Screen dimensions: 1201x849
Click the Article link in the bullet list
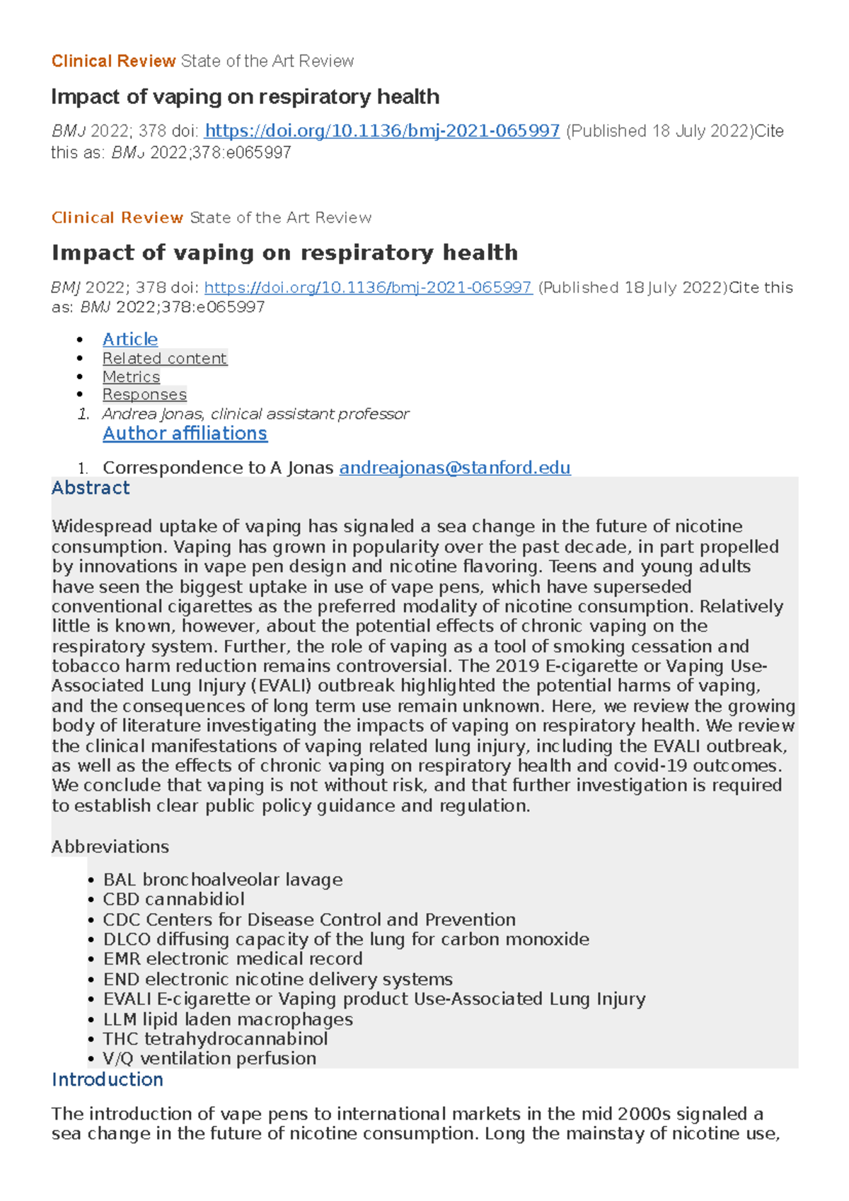click(130, 340)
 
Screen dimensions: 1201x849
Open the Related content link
click(164, 359)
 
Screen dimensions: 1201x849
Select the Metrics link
click(131, 377)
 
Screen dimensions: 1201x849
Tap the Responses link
click(144, 395)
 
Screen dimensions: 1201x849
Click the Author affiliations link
click(185, 434)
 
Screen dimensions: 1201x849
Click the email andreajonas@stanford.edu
click(455, 468)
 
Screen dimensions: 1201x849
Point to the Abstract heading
click(91, 488)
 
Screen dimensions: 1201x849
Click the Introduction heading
click(108, 1080)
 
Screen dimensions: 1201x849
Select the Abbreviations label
click(110, 847)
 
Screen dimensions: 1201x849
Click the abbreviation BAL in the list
click(119, 880)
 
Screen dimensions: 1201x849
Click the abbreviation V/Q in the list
click(118, 1059)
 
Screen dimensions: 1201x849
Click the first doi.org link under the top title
click(382, 131)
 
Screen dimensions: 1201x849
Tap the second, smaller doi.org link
click(368, 288)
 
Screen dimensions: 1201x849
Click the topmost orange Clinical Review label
click(113, 62)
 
